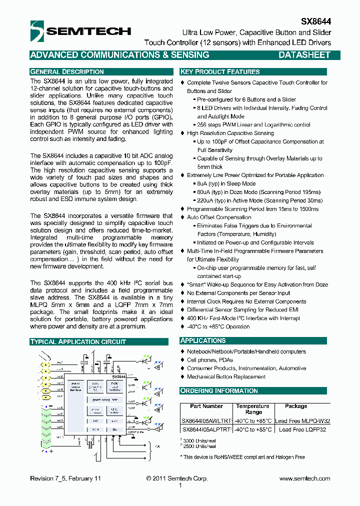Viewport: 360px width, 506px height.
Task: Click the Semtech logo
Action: point(80,31)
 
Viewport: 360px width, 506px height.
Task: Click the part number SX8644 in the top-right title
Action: point(315,22)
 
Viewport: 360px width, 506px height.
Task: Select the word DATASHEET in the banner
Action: point(304,55)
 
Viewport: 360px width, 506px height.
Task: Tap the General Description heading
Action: point(67,72)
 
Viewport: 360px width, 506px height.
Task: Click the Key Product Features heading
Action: point(220,72)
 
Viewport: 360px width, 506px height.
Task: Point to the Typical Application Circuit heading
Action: point(78,342)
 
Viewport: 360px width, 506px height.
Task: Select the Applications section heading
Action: point(203,340)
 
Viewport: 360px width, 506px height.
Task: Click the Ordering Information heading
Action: point(219,390)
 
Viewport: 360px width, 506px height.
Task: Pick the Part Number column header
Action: point(206,406)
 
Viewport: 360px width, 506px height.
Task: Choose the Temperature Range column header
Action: point(253,409)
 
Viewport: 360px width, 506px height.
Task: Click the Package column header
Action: point(296,406)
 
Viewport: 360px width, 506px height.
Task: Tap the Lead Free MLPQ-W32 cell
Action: point(302,421)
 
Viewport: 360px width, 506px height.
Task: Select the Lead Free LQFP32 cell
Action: point(302,429)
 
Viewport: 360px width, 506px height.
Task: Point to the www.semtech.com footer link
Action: point(304,478)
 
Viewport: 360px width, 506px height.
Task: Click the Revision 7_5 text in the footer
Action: point(65,478)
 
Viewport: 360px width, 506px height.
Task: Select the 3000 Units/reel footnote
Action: point(197,440)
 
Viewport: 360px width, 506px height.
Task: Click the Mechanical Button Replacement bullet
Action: point(226,377)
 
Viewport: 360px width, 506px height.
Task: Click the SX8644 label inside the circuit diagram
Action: point(118,376)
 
